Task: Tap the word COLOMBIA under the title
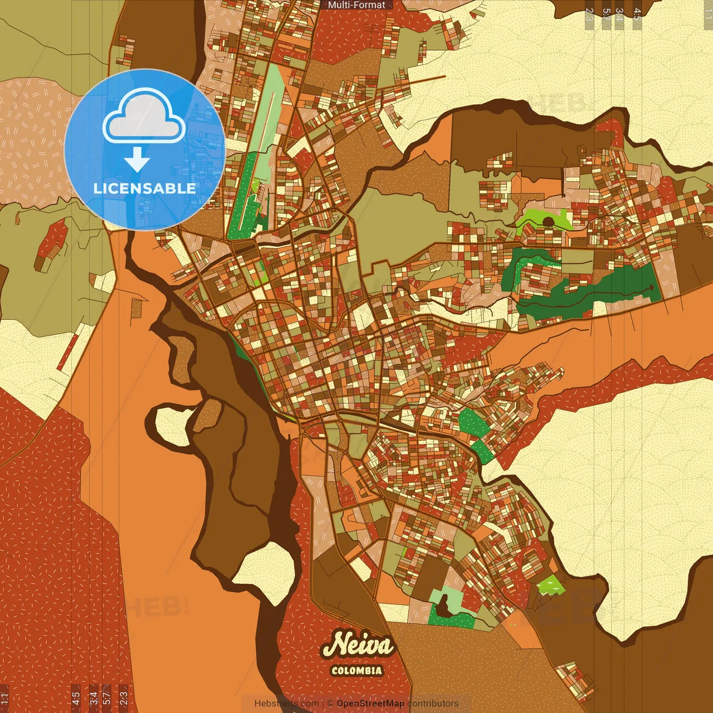pos(356,671)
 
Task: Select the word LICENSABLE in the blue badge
pos(145,188)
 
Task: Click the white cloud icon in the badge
pos(144,118)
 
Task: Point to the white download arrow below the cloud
pos(136,160)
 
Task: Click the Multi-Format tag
pos(356,5)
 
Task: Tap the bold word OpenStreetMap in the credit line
pos(370,704)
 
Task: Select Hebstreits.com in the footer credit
pos(286,704)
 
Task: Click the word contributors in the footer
pos(433,704)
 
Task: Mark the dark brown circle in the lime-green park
pos(548,222)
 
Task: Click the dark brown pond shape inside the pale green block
pos(444,606)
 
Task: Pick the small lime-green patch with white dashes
pos(551,585)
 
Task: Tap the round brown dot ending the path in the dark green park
pos(651,288)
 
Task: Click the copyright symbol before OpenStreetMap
pos(330,704)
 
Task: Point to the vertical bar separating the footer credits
pos(324,704)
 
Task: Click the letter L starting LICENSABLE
pos(97,188)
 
